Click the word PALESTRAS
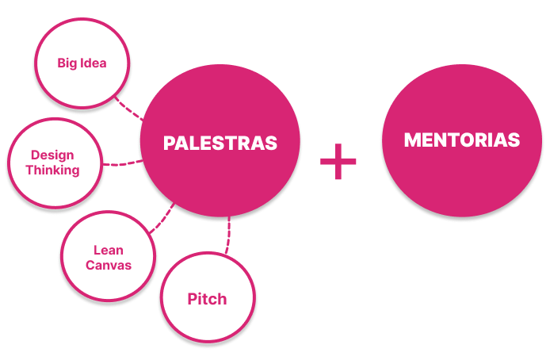[220, 144]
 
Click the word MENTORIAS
[461, 140]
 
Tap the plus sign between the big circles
[338, 161]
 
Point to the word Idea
[94, 62]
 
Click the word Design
[52, 155]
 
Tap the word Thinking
[52, 170]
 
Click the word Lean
[108, 251]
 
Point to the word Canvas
[108, 265]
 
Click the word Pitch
[207, 299]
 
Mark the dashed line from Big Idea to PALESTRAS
[128, 109]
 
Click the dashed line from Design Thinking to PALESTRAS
[121, 163]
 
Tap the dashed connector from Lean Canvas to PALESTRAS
[163, 217]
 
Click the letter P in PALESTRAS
[169, 144]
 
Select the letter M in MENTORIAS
[411, 140]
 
